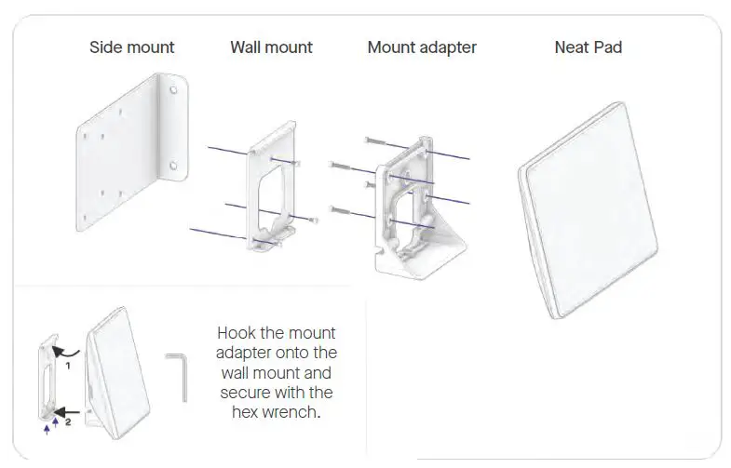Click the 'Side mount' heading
131,47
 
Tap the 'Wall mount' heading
271,47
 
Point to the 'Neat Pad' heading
588,47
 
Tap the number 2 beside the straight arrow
68,421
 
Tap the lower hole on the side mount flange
172,168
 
